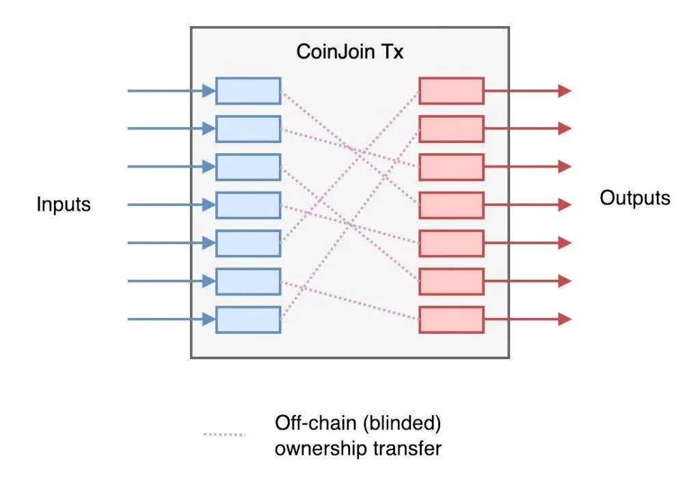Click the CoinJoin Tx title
(x=349, y=51)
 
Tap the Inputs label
(x=64, y=205)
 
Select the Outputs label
(x=635, y=198)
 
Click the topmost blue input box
(x=248, y=91)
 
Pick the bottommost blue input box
(x=248, y=319)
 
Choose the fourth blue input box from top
(x=248, y=205)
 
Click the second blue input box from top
(x=248, y=129)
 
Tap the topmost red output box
(x=451, y=91)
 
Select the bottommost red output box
(x=451, y=319)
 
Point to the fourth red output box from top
(x=451, y=205)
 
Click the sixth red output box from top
(x=451, y=281)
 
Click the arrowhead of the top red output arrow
(x=565, y=91)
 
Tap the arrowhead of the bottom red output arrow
(x=565, y=319)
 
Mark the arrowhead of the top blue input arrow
(x=209, y=91)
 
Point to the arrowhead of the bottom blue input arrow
(x=209, y=319)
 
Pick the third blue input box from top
(x=248, y=167)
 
